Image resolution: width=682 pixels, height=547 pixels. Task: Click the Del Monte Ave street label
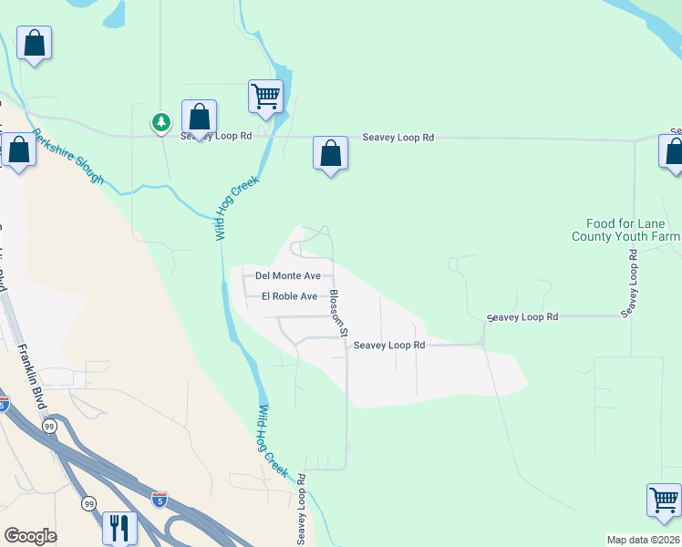tap(288, 275)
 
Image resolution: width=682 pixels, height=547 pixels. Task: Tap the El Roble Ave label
tap(289, 296)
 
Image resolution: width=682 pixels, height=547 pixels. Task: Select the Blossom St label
tap(336, 313)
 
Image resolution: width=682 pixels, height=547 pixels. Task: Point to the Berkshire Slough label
tap(68, 156)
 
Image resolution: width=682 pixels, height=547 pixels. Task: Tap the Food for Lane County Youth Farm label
tap(625, 230)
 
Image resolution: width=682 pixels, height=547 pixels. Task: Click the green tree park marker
tap(160, 121)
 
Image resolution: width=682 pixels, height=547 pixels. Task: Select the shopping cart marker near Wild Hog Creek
tap(265, 96)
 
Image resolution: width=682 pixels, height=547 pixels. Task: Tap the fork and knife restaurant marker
tap(119, 527)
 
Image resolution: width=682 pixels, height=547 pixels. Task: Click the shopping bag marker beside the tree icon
tap(199, 117)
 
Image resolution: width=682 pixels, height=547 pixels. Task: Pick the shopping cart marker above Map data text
tap(664, 501)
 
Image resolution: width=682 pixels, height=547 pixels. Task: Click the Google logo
tap(30, 536)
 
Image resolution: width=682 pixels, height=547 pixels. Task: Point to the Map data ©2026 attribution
tap(643, 540)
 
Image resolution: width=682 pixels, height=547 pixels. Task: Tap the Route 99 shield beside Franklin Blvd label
tap(48, 426)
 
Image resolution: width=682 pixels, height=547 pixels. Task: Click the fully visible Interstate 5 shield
tap(160, 499)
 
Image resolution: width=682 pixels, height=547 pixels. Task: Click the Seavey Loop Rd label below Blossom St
tap(389, 346)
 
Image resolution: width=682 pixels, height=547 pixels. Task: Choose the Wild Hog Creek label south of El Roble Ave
tap(274, 442)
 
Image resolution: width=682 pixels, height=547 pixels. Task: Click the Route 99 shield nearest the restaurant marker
tap(89, 503)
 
